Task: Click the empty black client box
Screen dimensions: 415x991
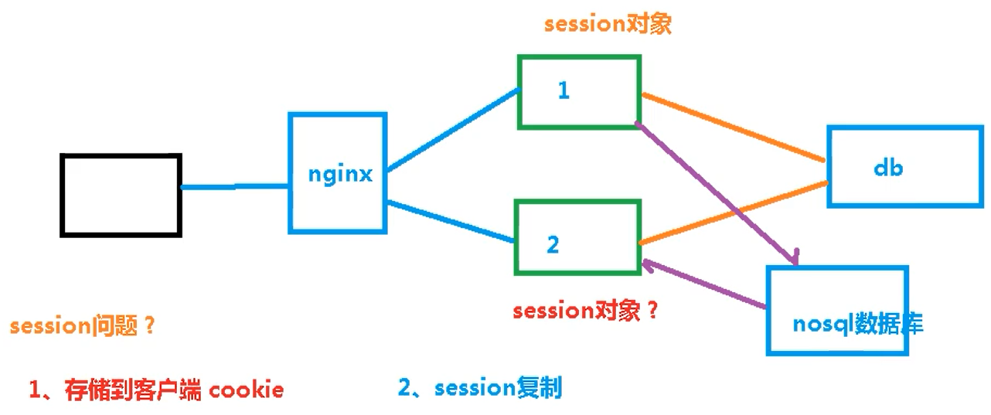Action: (x=121, y=195)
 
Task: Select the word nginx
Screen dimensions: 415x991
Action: (x=340, y=174)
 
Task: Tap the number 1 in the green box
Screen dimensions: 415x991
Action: (x=564, y=90)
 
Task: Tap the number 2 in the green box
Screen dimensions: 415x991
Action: (x=553, y=244)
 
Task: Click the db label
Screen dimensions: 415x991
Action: (x=887, y=168)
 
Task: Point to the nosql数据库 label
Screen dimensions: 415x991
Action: (x=858, y=325)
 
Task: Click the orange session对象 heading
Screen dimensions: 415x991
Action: (x=608, y=24)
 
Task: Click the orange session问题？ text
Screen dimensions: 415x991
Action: (x=83, y=325)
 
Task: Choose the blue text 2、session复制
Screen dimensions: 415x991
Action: (x=480, y=387)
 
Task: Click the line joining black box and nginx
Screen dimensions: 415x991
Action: (x=235, y=186)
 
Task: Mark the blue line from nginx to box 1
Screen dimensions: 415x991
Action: (x=452, y=130)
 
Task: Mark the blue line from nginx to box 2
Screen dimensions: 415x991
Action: (x=451, y=222)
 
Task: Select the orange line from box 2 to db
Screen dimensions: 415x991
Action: (x=734, y=213)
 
